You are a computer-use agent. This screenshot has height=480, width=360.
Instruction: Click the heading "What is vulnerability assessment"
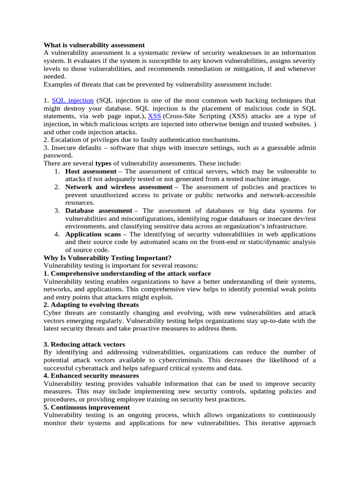pyautogui.click(x=94, y=45)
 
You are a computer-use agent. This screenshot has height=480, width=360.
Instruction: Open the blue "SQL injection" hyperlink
pyautogui.click(x=73, y=100)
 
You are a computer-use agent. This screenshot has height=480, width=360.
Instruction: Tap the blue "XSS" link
pyautogui.click(x=154, y=116)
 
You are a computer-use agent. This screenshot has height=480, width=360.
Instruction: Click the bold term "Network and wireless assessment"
pyautogui.click(x=119, y=187)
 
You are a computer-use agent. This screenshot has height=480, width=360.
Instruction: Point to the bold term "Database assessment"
pyautogui.click(x=98, y=210)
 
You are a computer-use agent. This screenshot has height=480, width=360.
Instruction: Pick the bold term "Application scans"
pyautogui.click(x=96, y=234)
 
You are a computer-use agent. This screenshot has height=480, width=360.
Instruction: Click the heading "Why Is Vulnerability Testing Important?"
pyautogui.click(x=107, y=258)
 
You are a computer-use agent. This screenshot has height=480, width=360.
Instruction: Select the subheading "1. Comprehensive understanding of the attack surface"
pyautogui.click(x=127, y=273)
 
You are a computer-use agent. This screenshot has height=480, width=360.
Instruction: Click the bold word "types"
pyautogui.click(x=105, y=163)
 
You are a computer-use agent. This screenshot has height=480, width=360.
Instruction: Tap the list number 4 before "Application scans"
pyautogui.click(x=56, y=234)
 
